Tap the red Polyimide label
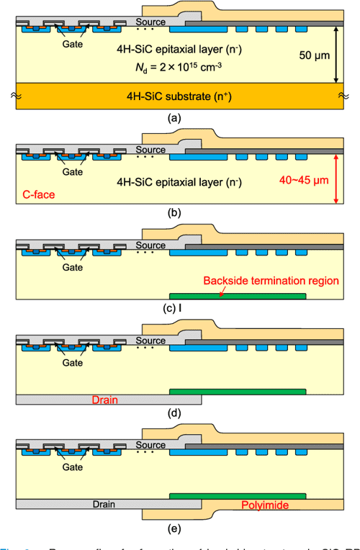265,506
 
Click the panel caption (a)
174,117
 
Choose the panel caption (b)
174,212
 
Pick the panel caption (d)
174,413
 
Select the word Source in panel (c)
150,245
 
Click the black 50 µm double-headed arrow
336,55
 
